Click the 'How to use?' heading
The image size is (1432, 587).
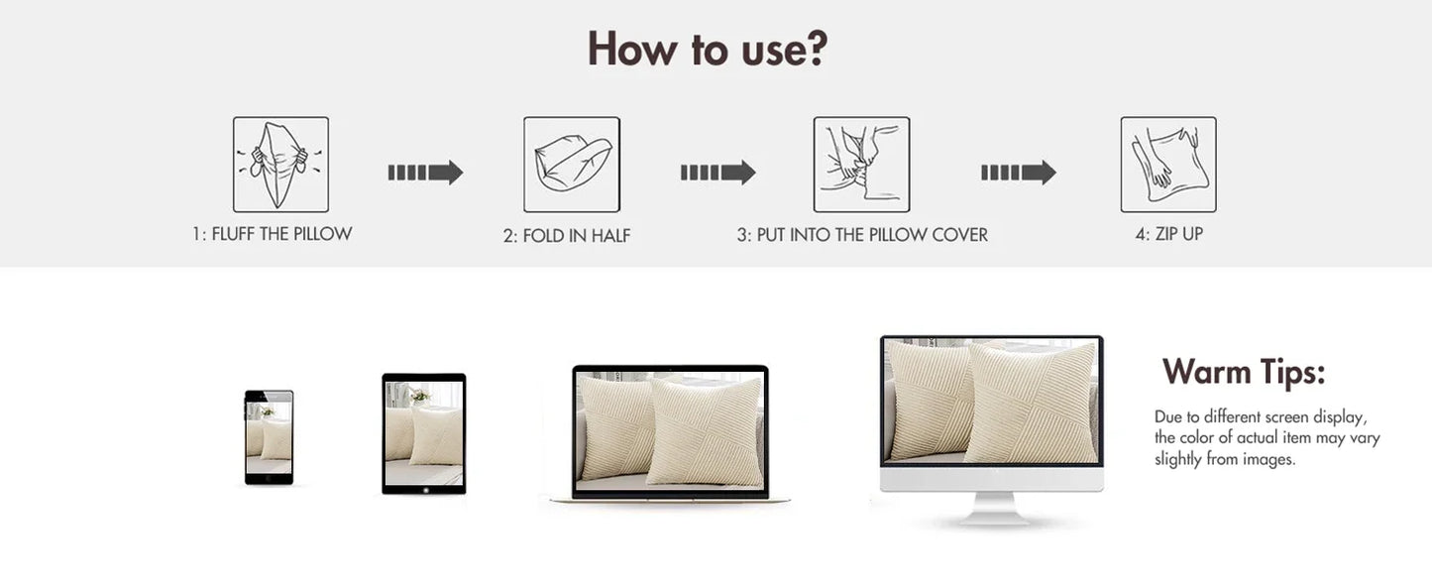707,49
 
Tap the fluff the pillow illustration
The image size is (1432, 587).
280,165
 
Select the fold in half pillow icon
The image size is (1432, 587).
572,165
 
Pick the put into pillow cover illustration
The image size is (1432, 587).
861,165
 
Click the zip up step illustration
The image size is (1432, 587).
1168,165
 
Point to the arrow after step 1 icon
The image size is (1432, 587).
425,172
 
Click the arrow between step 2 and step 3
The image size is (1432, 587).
717,172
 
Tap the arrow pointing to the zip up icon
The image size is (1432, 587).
1019,172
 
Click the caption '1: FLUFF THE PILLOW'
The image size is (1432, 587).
272,234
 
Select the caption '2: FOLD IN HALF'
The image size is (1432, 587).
567,236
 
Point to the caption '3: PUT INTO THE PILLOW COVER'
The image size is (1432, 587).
862,235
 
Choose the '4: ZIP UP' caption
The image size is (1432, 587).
1168,234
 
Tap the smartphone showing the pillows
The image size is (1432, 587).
270,437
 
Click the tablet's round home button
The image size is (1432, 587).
426,490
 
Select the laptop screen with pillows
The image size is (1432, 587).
669,431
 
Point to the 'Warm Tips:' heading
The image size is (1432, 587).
1244,372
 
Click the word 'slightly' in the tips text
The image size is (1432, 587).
1177,459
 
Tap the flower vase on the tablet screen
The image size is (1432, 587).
419,397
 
